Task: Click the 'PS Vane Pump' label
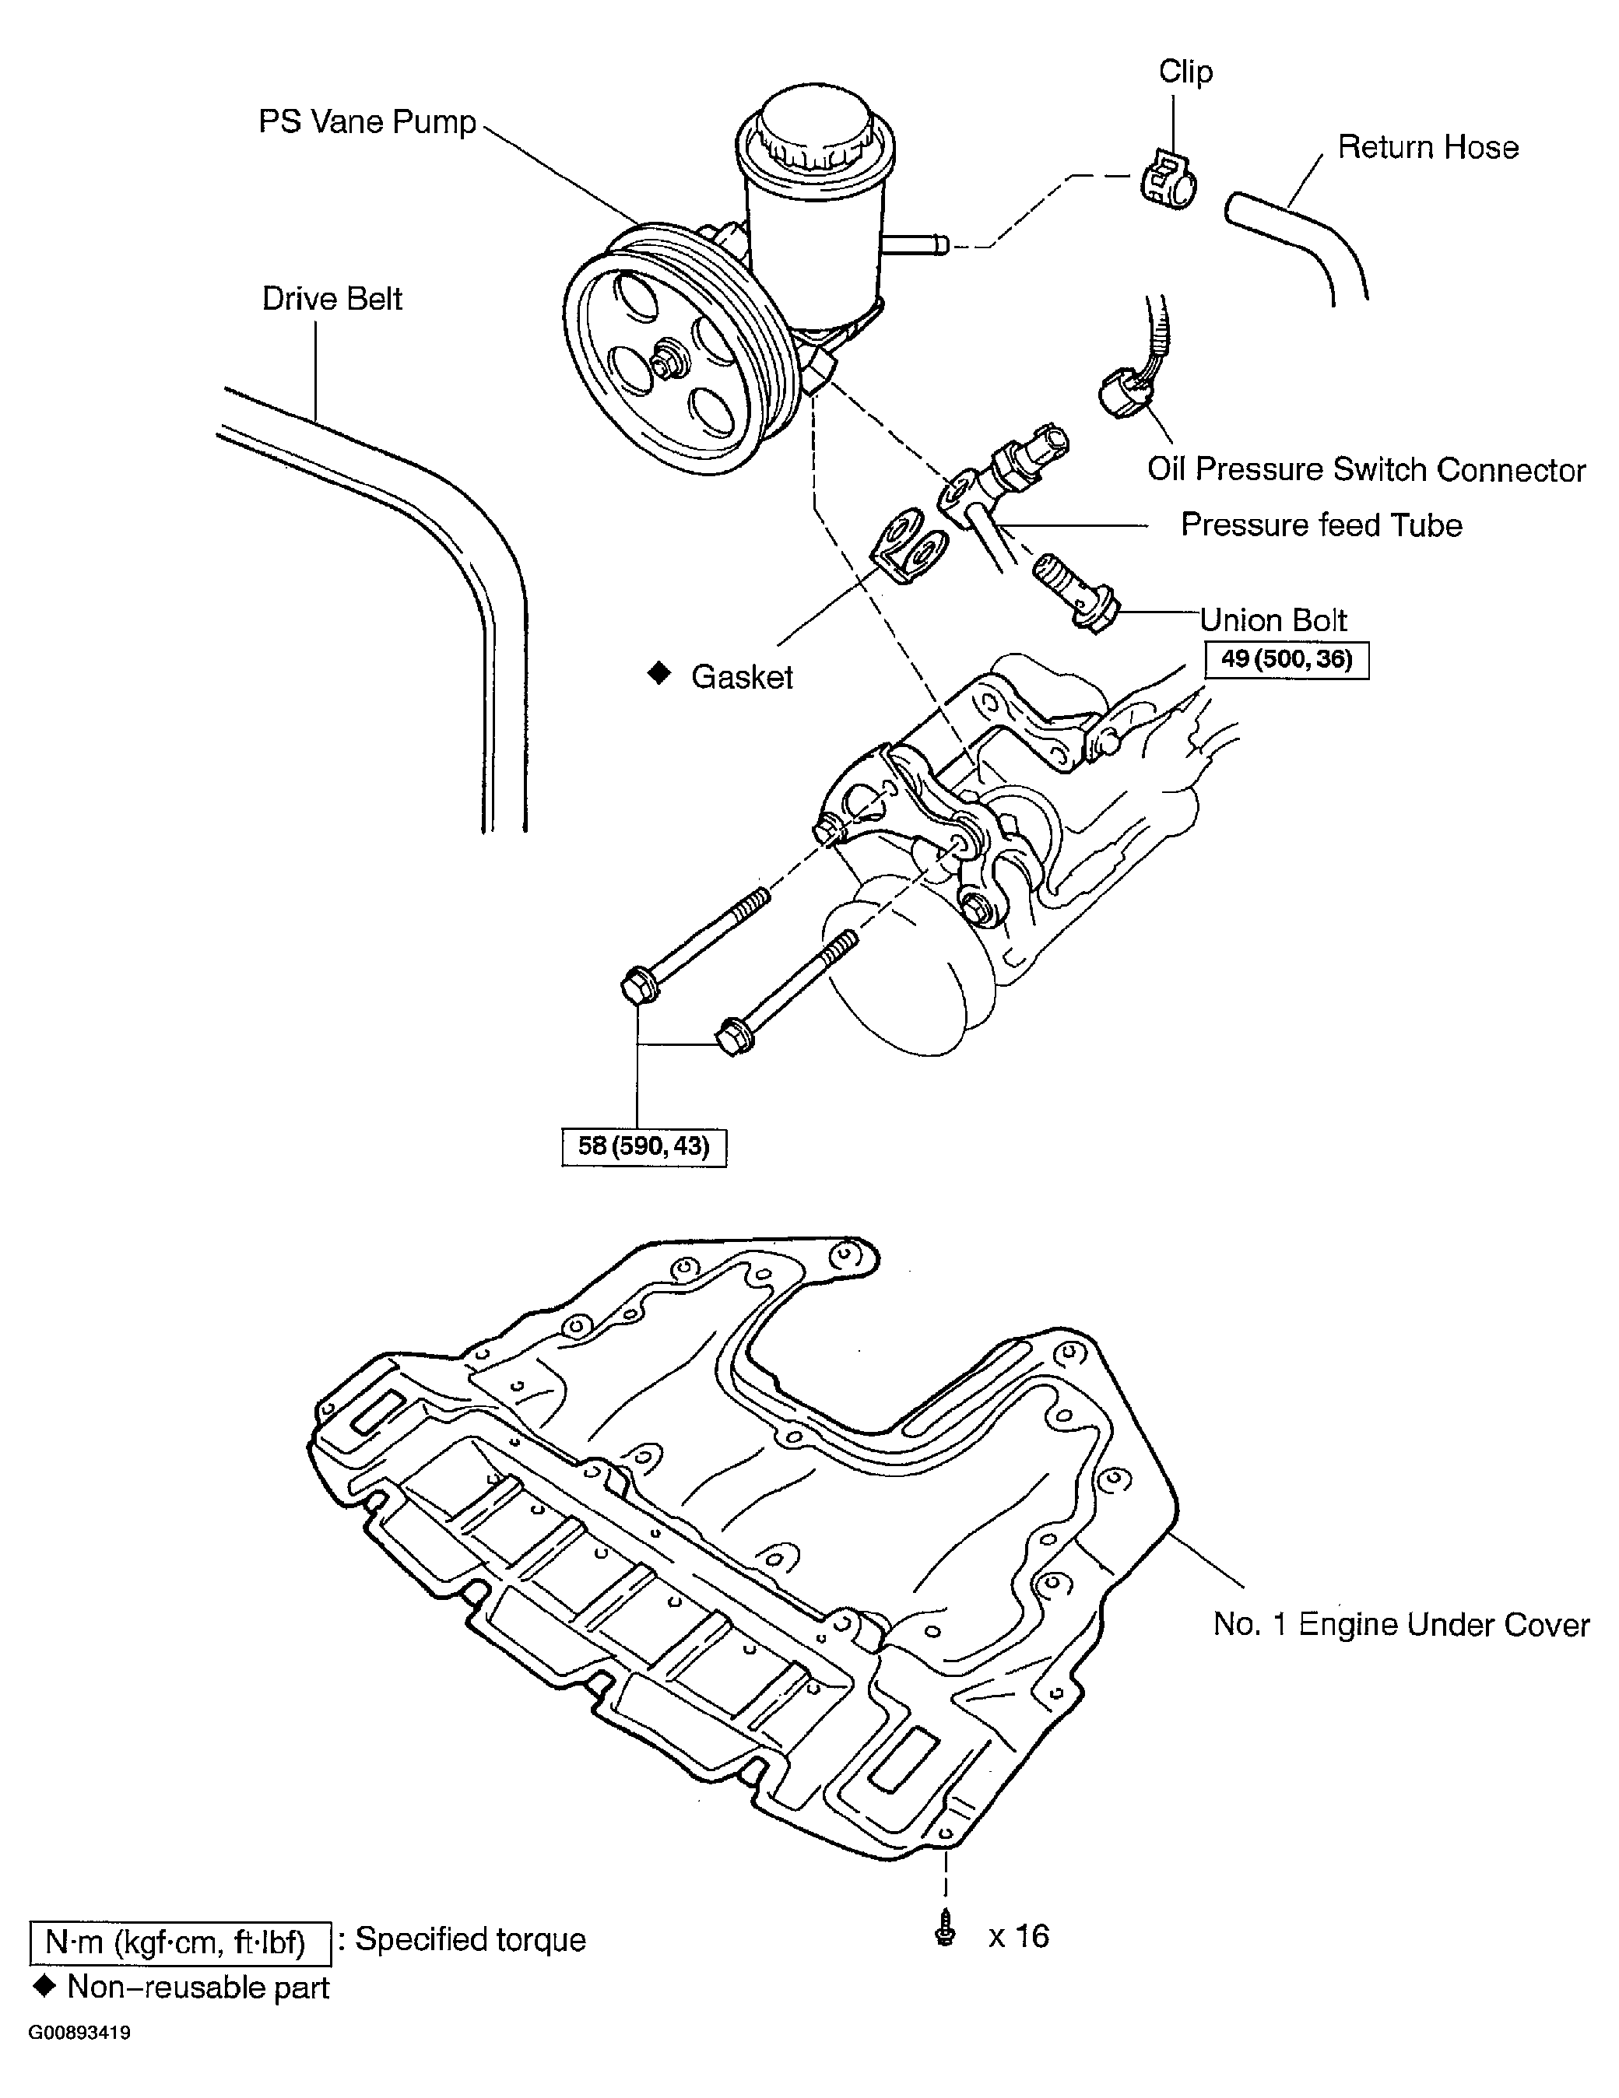(367, 122)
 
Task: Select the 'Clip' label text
(1185, 72)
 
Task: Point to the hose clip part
(1168, 179)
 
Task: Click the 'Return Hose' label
(1428, 147)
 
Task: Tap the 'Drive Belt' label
(332, 299)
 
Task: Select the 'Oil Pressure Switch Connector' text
(1365, 470)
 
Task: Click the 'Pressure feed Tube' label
(1321, 525)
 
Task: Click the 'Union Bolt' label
(1273, 620)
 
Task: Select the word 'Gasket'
(742, 677)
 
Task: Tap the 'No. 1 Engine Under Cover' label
(1401, 1624)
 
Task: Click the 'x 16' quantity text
(1018, 1935)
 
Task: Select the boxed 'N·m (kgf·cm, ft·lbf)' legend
(181, 1943)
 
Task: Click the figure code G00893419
(79, 2033)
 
